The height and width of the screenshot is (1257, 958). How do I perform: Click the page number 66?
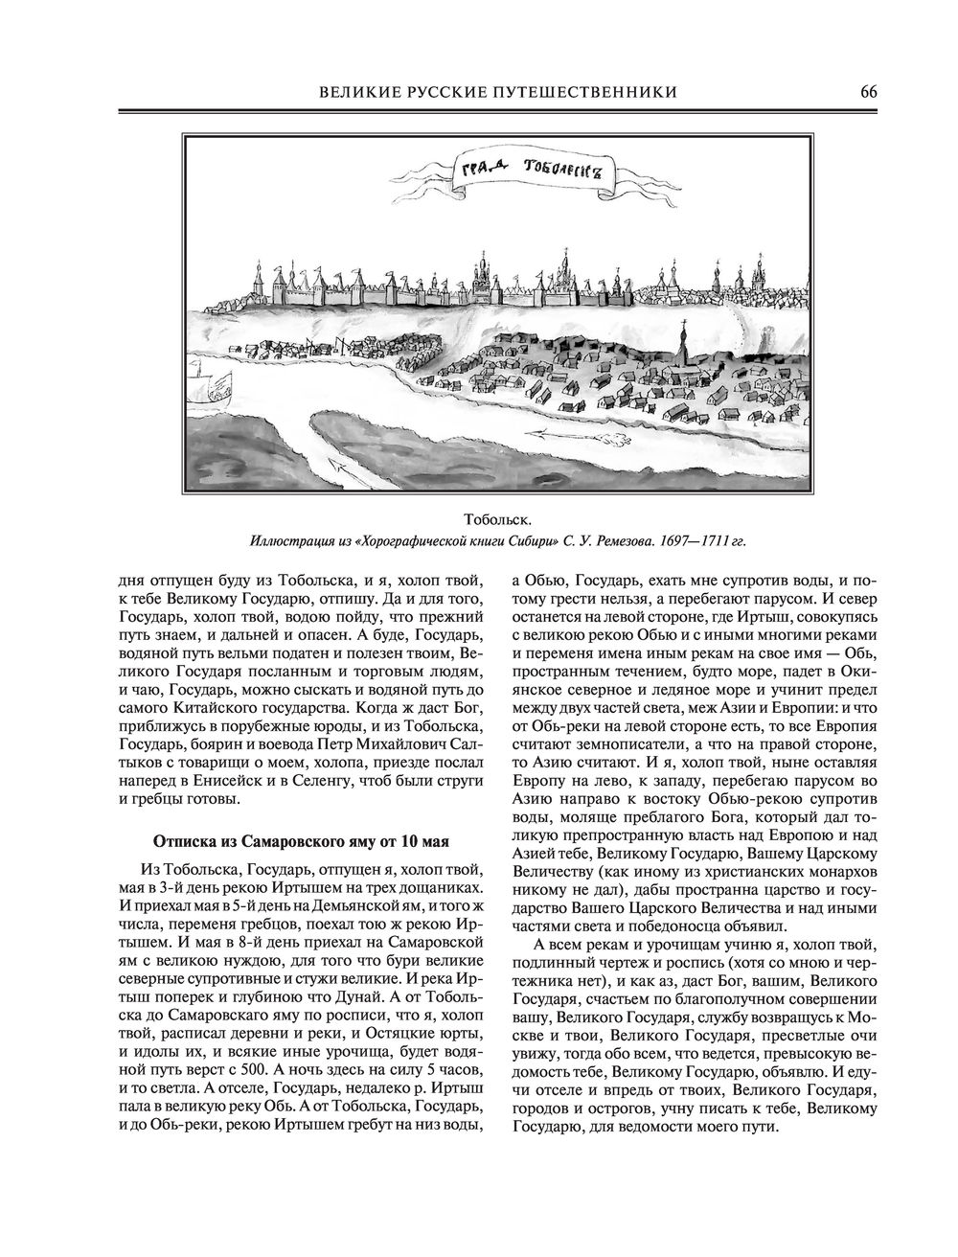868,92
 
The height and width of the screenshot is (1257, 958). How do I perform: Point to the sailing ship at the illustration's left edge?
213,387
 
